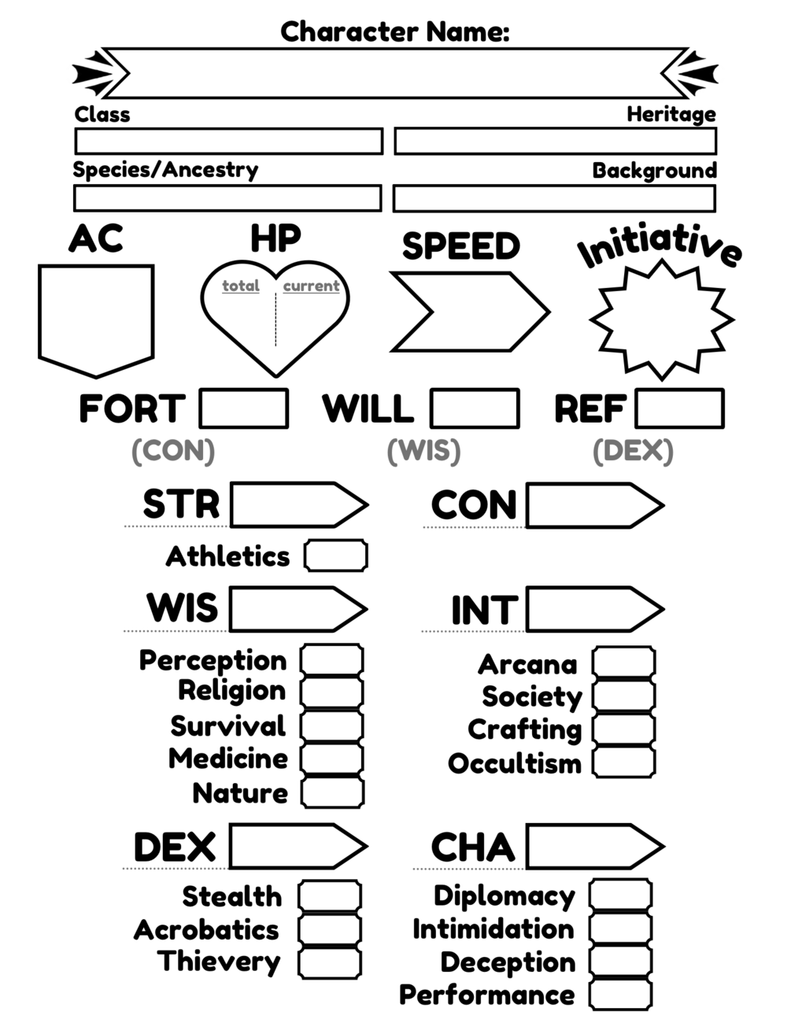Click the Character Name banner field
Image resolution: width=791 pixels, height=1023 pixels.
(394, 73)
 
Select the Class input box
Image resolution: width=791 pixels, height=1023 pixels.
(228, 142)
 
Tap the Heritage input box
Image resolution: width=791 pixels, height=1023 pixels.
(555, 142)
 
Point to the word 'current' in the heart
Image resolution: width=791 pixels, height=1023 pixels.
(311, 286)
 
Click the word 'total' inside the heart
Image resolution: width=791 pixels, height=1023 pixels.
(241, 286)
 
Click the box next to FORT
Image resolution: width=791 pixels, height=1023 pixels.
(243, 409)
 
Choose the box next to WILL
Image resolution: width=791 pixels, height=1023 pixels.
(475, 409)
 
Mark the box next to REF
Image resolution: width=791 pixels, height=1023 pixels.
(679, 409)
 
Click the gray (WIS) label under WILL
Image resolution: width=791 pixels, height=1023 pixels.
(423, 451)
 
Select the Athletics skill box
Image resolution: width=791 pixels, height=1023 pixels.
(336, 556)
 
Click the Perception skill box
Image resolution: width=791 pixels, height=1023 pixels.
(332, 660)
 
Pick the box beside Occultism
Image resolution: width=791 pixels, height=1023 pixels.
(623, 763)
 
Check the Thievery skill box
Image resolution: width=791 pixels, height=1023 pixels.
(330, 962)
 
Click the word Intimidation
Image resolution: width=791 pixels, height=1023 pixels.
(493, 929)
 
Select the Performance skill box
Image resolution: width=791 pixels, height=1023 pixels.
(621, 995)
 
